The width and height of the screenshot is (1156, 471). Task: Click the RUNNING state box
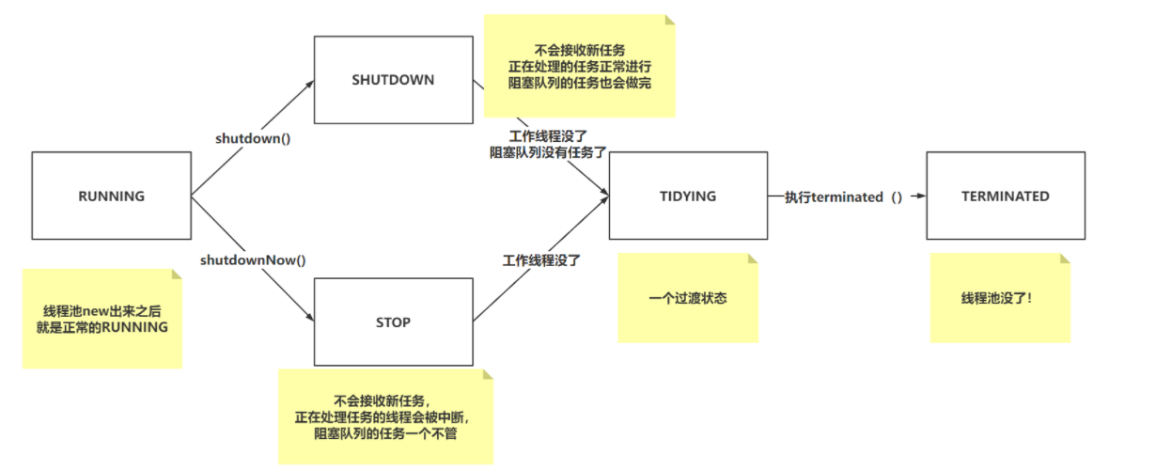coord(111,196)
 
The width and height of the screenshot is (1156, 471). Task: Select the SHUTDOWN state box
coord(393,81)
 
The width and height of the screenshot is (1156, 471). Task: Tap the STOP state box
coord(393,322)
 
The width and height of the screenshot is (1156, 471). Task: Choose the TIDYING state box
coord(687,196)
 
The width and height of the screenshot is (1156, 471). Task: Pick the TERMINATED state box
coord(1005,196)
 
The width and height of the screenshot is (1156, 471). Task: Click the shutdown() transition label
coord(253,138)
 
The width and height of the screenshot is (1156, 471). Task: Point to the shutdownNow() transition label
coord(254,259)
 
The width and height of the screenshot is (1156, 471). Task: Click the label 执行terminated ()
coord(843,196)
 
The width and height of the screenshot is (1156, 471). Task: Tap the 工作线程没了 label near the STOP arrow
coord(541,260)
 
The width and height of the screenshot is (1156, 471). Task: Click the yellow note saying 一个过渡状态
coord(688,299)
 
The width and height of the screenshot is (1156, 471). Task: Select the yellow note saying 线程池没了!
coord(1000,299)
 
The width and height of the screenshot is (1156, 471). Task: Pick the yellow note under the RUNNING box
coord(102,319)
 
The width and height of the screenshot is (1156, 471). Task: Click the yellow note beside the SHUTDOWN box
coord(579,67)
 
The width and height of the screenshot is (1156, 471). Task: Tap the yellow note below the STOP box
coord(385,416)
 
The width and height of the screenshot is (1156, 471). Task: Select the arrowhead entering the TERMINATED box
coord(921,196)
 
